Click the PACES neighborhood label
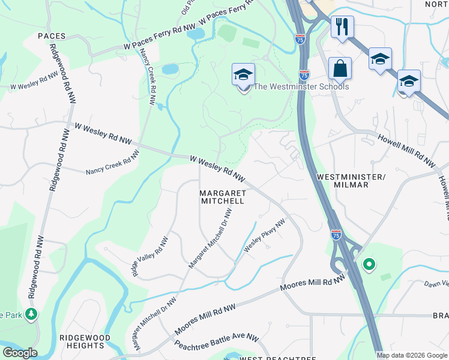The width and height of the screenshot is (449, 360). click(51, 36)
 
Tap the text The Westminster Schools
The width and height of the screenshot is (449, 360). click(301, 86)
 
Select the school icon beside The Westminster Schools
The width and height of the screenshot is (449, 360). click(243, 76)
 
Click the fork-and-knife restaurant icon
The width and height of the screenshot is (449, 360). click(342, 27)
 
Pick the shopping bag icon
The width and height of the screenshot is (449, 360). click(340, 69)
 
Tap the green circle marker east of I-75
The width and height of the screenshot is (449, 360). click(369, 264)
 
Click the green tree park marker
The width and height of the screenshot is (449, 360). click(31, 313)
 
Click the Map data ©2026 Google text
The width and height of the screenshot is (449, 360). click(412, 355)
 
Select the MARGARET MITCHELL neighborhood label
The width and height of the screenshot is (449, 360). click(222, 197)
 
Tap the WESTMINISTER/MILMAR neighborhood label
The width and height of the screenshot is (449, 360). click(351, 181)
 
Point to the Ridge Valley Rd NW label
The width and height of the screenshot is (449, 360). click(151, 256)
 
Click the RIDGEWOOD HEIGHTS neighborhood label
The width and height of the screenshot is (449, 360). click(85, 341)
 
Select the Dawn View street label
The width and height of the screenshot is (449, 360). click(436, 284)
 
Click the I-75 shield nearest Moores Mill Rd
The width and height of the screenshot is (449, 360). click(336, 234)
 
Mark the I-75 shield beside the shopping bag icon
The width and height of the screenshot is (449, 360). click(304, 75)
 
